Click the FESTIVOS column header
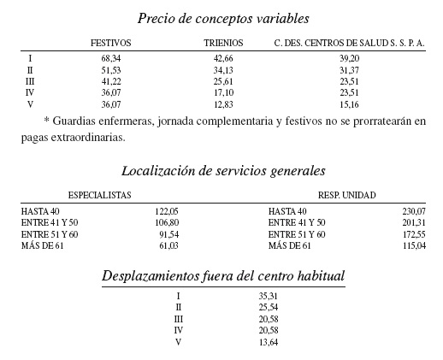[110, 42]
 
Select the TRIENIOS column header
[223, 42]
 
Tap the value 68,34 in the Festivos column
[113, 57]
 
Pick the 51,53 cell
[113, 69]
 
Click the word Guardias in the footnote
[74, 121]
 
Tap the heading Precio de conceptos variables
[223, 17]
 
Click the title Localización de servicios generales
[223, 170]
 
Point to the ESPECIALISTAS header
[99, 195]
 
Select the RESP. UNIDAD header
[346, 195]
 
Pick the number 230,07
[412, 210]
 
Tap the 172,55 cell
[412, 234]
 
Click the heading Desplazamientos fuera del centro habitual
[223, 276]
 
